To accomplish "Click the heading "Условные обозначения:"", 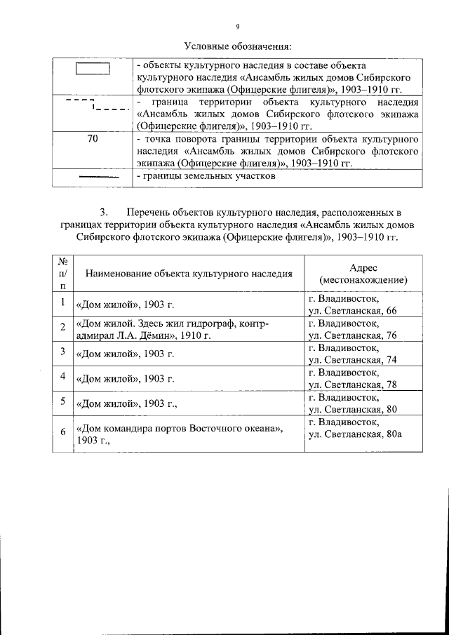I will (x=237, y=47).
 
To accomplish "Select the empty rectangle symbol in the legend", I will (x=93, y=69).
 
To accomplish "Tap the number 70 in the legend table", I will (x=93, y=138).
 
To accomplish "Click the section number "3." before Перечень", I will (x=105, y=212).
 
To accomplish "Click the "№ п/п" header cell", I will (x=62, y=274).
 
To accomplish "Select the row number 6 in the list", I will (x=62, y=432).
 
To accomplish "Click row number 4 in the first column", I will (x=62, y=377).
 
